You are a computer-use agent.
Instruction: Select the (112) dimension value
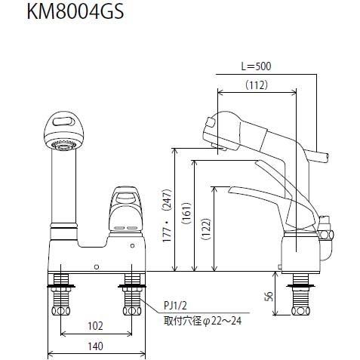[257, 86]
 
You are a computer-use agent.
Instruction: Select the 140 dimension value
[96, 348]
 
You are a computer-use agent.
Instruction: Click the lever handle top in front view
[125, 198]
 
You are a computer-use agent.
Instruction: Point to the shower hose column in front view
[62, 189]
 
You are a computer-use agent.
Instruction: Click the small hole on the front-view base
[96, 266]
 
